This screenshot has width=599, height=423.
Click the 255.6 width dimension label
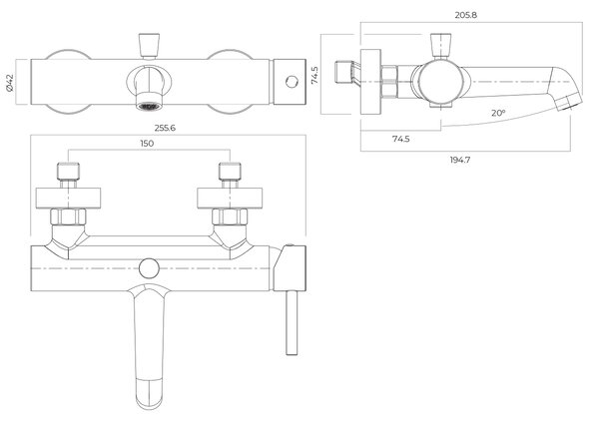[x=165, y=128]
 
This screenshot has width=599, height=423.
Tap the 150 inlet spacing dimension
[x=147, y=144]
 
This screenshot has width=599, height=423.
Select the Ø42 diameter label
[x=10, y=83]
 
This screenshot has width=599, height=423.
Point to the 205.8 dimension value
[x=466, y=15]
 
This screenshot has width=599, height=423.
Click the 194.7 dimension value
[x=460, y=160]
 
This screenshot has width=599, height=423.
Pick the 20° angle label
[x=498, y=113]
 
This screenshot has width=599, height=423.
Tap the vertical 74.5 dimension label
[x=314, y=75]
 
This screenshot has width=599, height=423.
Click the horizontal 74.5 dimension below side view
[x=400, y=139]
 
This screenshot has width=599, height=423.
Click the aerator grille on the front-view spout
[x=149, y=106]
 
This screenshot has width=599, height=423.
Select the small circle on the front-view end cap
[x=292, y=82]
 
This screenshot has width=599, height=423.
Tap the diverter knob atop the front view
[x=149, y=46]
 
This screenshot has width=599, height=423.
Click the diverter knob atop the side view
[x=441, y=46]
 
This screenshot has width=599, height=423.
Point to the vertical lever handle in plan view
[x=292, y=323]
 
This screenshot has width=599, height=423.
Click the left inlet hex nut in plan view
[x=68, y=216]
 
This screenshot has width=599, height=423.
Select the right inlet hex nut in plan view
[x=230, y=216]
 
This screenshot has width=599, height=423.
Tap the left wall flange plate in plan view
[x=68, y=199]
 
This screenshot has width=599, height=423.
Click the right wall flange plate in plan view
[x=230, y=199]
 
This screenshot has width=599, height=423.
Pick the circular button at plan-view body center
[x=149, y=268]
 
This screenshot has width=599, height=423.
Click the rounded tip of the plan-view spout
[x=150, y=403]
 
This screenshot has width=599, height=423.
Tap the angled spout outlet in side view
[x=569, y=103]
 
